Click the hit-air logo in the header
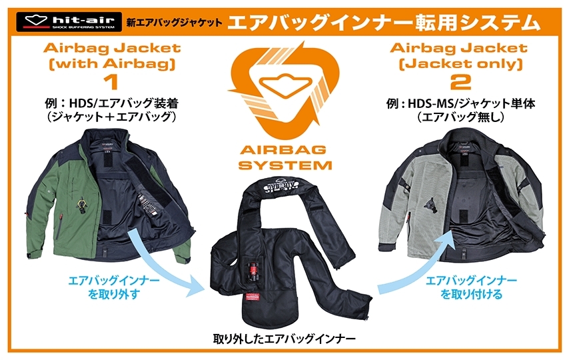(x=65, y=21)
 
